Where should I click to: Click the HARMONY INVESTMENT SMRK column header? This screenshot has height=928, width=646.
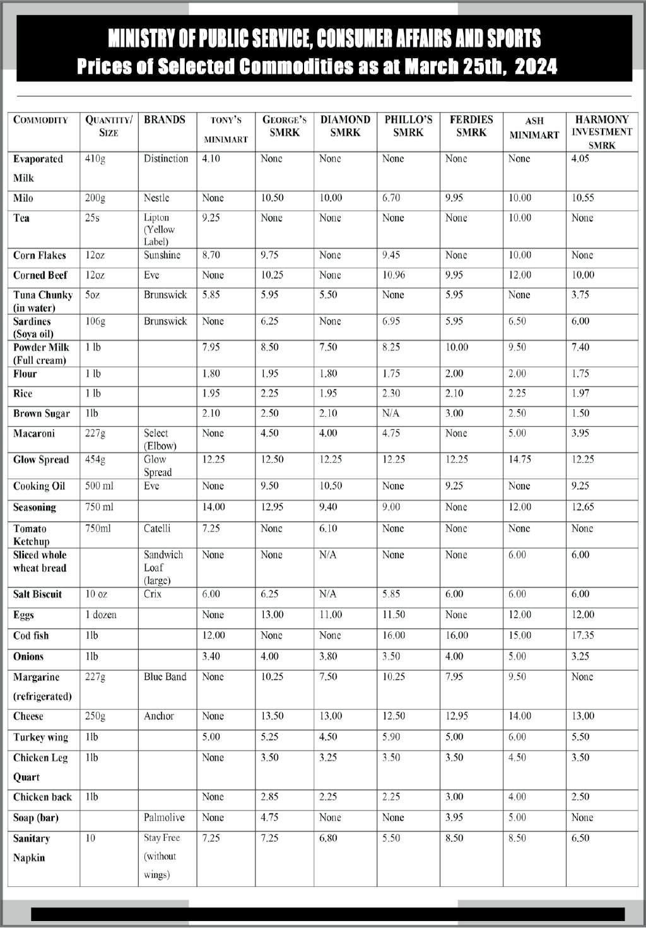coord(601,132)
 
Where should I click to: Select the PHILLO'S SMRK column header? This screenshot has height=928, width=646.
coord(408,126)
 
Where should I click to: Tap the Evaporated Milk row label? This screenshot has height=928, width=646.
coord(38,168)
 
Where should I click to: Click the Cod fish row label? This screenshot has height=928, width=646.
coord(31,636)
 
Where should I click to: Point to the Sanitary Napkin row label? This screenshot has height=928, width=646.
coord(31,848)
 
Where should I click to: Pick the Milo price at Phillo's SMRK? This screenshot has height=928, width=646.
coord(391,198)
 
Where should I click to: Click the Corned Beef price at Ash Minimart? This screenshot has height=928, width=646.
coord(520,275)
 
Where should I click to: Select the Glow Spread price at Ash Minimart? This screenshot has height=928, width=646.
coord(520,460)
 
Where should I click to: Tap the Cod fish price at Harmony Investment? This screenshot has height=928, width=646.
coord(582,636)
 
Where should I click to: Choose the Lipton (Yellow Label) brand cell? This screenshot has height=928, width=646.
coord(159,229)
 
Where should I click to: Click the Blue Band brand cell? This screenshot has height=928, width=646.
coord(165,677)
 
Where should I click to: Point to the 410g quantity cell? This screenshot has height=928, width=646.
coord(95,158)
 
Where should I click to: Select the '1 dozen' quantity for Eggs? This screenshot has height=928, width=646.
coord(101,615)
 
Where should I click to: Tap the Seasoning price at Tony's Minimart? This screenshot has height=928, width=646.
coord(213,507)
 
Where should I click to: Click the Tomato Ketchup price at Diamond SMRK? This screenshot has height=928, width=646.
coord(328,528)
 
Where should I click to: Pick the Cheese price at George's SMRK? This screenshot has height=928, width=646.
coord(272,717)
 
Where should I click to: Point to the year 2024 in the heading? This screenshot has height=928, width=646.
coord(536,66)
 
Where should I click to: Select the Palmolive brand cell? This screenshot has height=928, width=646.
coord(164,818)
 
